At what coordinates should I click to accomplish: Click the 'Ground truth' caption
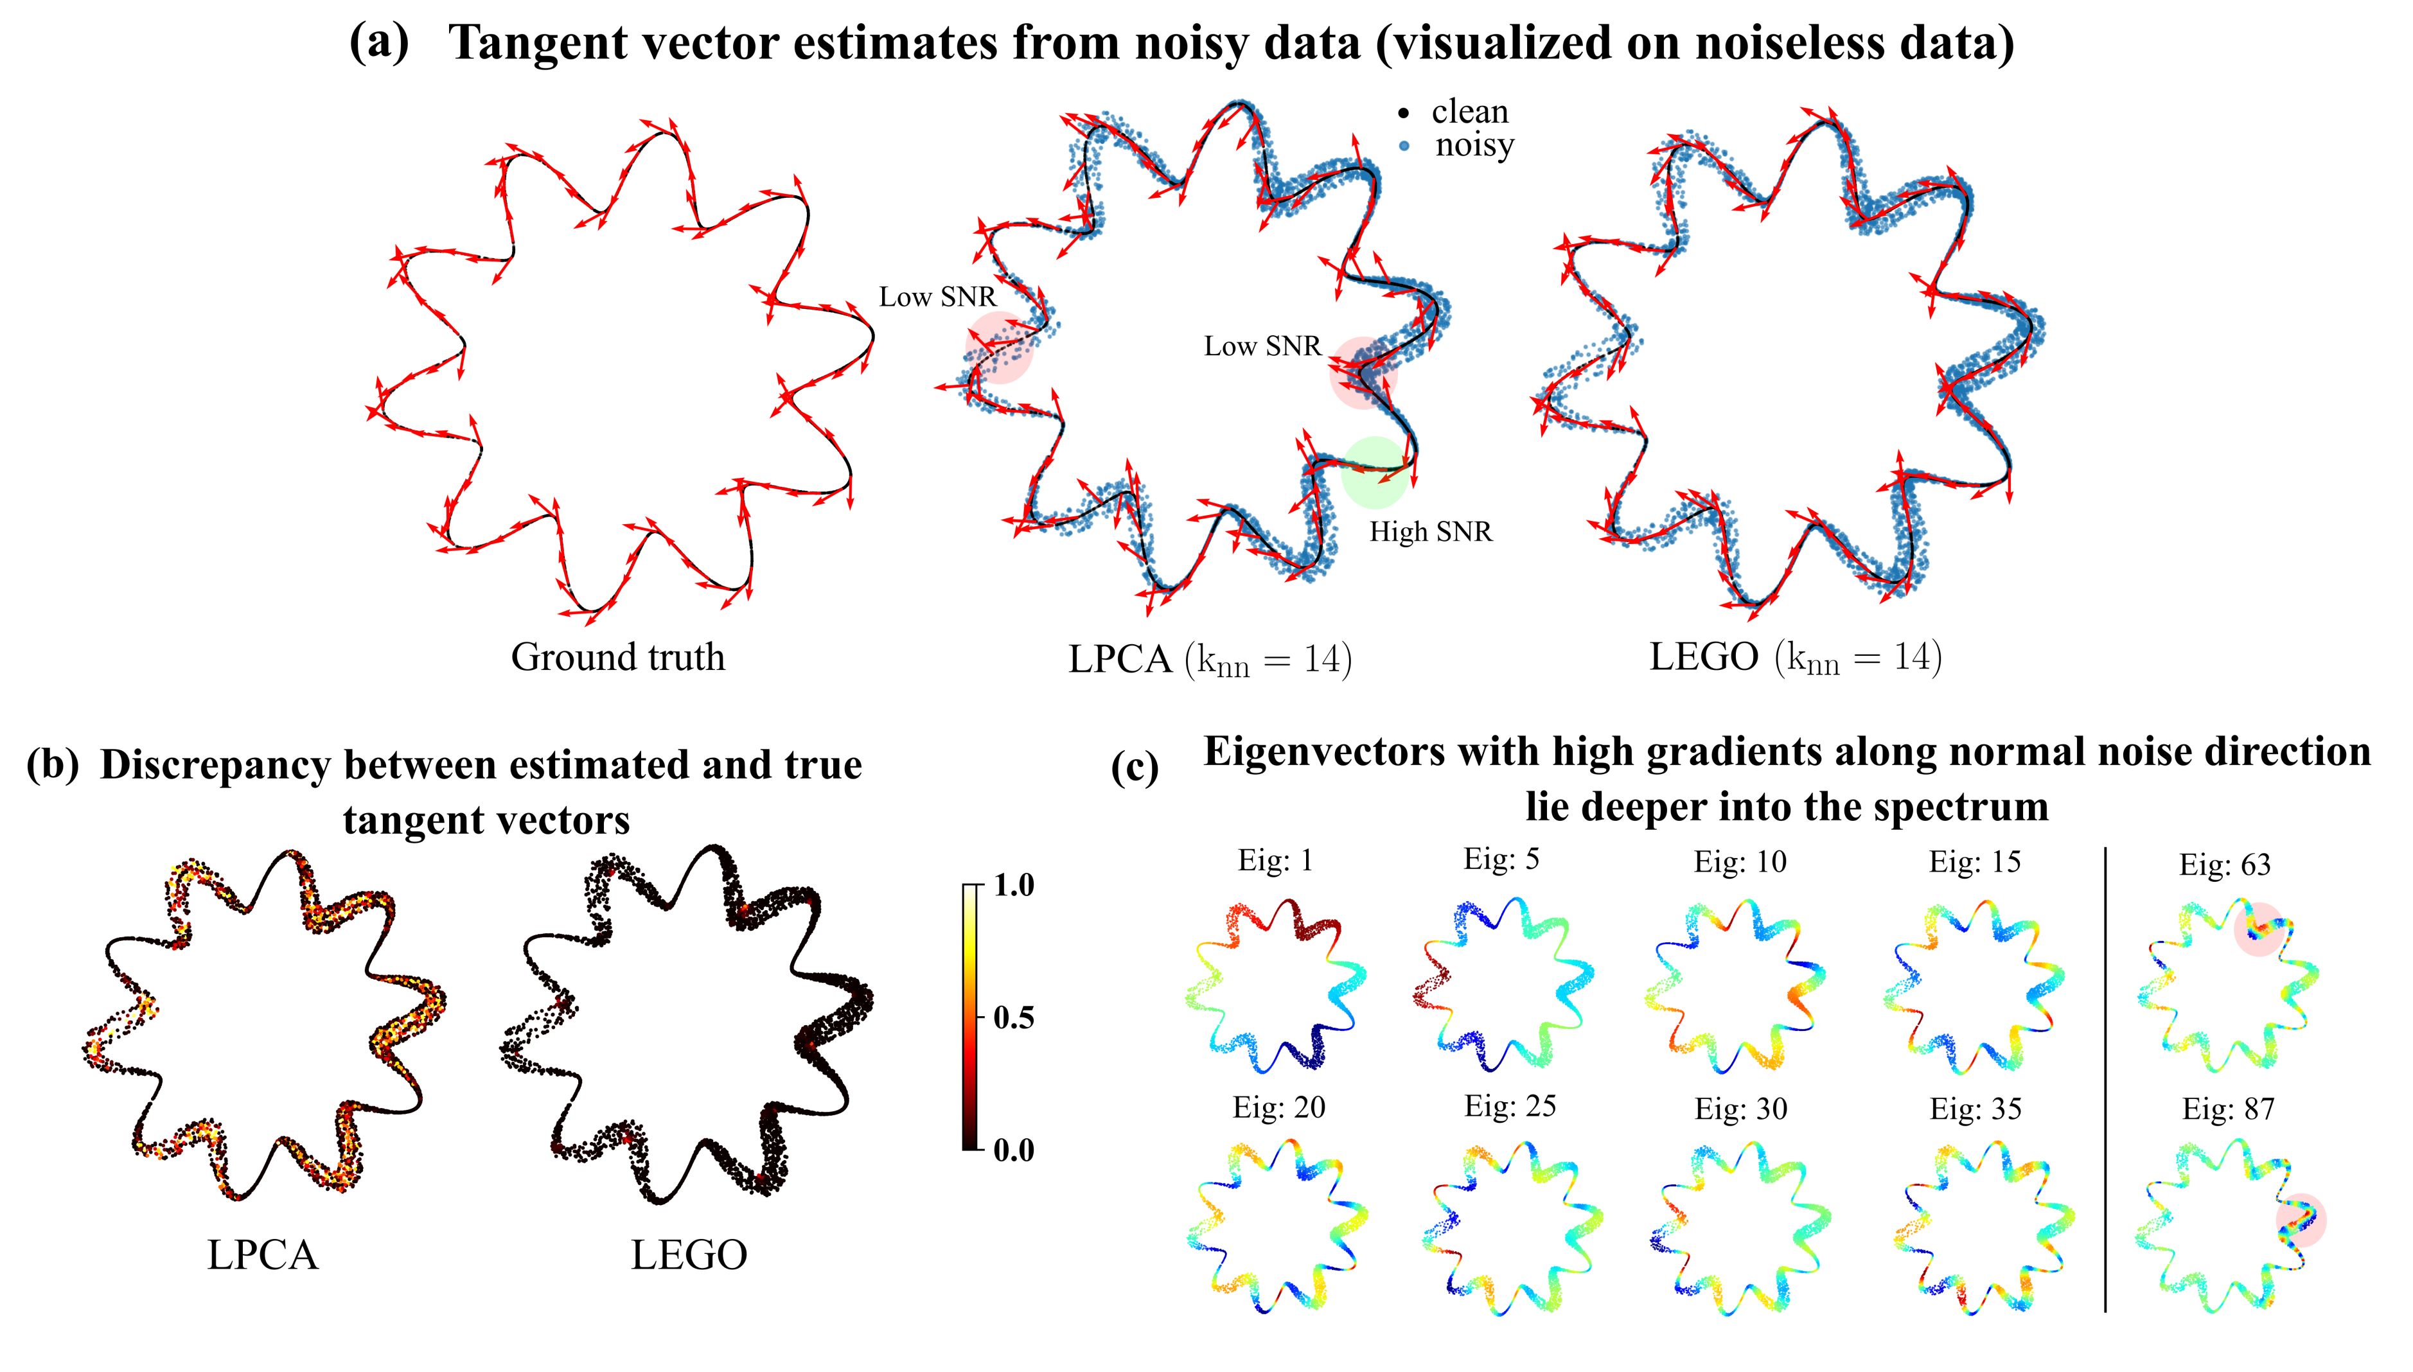coord(618,657)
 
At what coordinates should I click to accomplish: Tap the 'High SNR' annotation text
coord(1430,532)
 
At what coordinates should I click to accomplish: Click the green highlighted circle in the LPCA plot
coord(1374,472)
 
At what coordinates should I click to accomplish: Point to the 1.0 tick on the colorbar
coord(1013,885)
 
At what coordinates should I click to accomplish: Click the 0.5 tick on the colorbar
coord(1013,1017)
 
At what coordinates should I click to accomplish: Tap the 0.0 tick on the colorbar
coord(1013,1150)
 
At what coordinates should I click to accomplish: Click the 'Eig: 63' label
coord(2225,864)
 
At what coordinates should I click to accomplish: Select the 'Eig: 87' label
coord(2229,1109)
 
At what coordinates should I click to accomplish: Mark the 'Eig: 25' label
coord(1510,1105)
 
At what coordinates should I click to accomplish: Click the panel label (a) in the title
coord(379,42)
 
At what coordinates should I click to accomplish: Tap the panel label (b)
coord(53,764)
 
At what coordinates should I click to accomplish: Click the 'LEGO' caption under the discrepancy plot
coord(689,1255)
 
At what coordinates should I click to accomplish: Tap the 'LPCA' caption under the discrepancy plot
coord(263,1255)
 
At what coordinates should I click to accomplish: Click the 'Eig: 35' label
coord(1975,1109)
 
